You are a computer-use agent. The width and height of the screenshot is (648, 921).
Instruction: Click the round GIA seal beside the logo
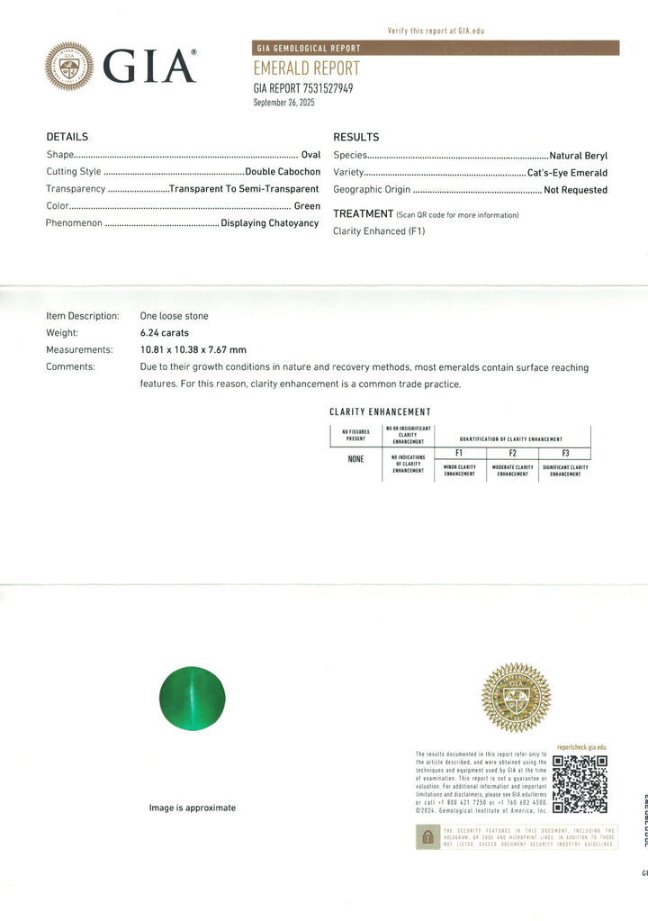(69, 66)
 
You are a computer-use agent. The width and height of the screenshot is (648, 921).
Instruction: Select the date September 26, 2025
(284, 103)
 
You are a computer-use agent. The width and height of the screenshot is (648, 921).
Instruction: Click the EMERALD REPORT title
(306, 68)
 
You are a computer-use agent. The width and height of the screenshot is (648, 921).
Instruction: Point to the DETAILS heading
(67, 137)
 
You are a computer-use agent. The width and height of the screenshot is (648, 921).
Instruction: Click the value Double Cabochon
(283, 172)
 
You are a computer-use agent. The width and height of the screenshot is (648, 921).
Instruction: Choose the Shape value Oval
(310, 155)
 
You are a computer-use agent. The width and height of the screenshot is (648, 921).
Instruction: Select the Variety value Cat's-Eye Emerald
(568, 173)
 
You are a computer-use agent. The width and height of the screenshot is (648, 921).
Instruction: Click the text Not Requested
(575, 190)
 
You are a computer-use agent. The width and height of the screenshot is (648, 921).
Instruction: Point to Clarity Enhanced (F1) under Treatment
(379, 231)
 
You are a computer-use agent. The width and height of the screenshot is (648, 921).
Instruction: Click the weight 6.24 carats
(165, 333)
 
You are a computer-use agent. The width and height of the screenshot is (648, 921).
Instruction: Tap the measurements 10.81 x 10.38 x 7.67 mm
(193, 349)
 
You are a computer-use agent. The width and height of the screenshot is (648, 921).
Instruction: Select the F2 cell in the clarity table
(512, 454)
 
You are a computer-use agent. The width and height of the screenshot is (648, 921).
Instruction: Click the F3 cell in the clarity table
(565, 454)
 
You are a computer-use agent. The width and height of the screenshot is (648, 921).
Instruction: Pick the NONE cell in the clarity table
(355, 458)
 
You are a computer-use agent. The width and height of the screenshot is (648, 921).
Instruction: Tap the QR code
(579, 784)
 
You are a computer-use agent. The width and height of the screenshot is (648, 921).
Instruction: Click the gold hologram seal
(516, 698)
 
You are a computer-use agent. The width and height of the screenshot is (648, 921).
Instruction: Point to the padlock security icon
(427, 837)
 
